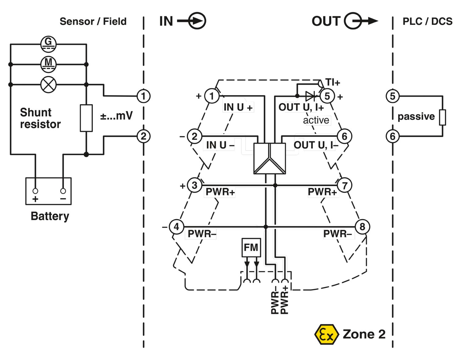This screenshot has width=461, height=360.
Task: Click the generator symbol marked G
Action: point(48,44)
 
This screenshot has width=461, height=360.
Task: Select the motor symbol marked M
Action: point(48,64)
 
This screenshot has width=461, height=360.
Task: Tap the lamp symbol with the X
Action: point(48,84)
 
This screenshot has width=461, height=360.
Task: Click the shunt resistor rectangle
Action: point(86,118)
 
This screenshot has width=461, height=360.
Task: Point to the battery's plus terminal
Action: point(35,191)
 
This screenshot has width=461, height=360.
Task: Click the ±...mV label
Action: point(116,116)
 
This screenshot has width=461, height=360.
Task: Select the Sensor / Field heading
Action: point(93,22)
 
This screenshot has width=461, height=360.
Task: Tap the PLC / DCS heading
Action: point(427,22)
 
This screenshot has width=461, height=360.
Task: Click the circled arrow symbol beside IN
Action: point(196,21)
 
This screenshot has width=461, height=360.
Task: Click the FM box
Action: point(251,248)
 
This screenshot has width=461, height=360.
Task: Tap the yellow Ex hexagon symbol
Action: point(326,334)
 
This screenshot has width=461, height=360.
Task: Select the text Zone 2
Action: point(364,334)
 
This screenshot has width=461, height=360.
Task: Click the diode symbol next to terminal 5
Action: point(310,96)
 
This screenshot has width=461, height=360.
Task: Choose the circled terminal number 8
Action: point(362,227)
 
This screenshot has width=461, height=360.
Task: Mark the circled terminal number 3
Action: point(195,186)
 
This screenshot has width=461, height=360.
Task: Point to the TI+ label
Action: point(333,82)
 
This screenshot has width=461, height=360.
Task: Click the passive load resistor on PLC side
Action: point(443,117)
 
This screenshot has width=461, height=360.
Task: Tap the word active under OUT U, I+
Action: point(316,120)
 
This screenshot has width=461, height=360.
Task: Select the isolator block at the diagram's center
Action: point(270,158)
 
